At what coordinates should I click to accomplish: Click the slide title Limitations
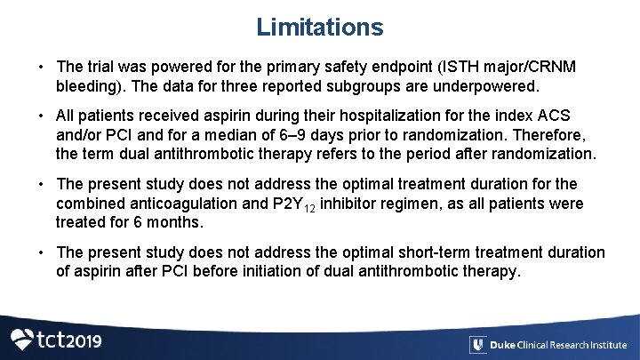click(320, 27)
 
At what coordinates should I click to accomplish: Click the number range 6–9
click(267, 136)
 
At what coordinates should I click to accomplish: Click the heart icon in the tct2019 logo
click(21, 340)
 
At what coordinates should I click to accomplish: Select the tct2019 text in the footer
click(68, 340)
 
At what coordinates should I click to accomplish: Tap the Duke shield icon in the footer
click(478, 345)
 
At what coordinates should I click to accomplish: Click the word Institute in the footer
click(606, 345)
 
